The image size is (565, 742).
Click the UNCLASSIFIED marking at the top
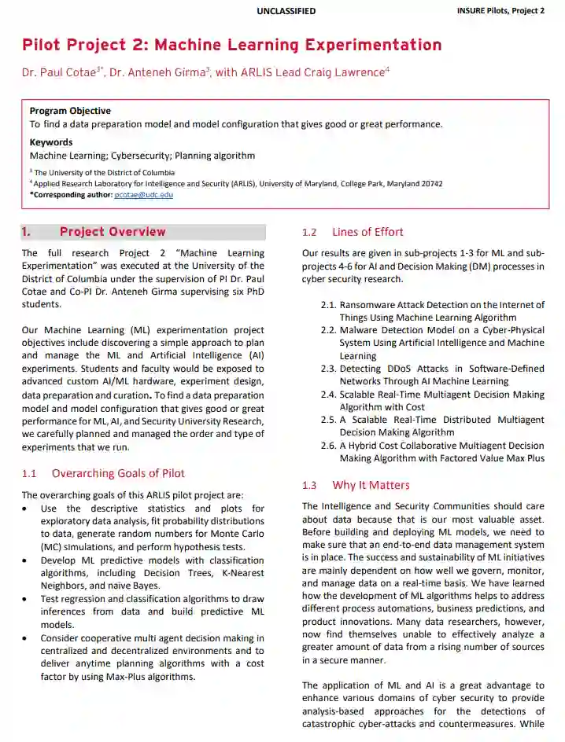[x=286, y=11]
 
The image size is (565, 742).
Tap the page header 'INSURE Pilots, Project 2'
[x=500, y=11]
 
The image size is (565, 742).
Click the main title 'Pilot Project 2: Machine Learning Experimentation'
[x=232, y=45]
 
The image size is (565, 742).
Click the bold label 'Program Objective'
[x=70, y=111]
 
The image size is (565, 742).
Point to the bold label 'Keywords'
[x=51, y=142]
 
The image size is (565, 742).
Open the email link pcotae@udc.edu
[x=144, y=194]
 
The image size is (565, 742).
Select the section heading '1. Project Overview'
[x=94, y=232]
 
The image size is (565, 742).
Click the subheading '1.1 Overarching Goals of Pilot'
[x=103, y=473]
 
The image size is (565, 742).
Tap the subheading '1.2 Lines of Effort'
[x=353, y=232]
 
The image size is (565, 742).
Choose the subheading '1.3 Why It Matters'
[x=356, y=485]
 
